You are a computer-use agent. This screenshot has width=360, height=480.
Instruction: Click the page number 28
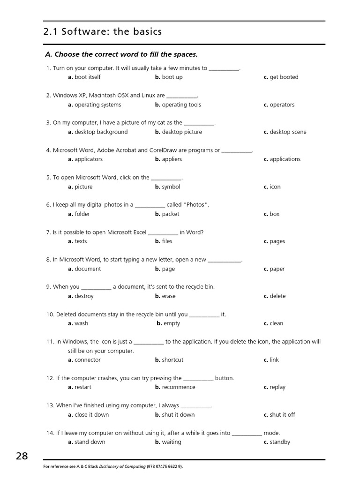22,456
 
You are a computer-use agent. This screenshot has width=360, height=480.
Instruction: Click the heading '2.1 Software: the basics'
102,32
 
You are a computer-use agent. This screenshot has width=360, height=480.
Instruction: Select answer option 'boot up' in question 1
172,77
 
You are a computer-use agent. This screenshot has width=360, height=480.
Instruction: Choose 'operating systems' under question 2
97,105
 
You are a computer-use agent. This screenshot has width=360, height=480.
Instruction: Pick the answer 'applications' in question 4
285,159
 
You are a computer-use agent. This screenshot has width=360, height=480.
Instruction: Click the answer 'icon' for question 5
275,187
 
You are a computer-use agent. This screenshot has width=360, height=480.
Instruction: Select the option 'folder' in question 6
82,214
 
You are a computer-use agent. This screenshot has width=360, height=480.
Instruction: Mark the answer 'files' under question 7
167,241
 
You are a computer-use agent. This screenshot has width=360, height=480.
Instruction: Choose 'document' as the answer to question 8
88,269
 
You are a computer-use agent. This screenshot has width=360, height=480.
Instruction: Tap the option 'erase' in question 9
169,296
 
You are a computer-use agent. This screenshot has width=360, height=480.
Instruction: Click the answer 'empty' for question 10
172,323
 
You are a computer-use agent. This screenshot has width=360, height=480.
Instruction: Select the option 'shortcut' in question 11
172,360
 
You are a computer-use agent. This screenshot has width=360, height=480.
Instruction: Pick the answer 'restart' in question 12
83,387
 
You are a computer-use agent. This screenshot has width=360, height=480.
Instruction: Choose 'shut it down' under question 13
178,414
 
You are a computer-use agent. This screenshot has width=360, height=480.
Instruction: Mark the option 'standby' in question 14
280,442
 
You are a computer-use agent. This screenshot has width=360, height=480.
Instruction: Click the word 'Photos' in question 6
196,204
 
